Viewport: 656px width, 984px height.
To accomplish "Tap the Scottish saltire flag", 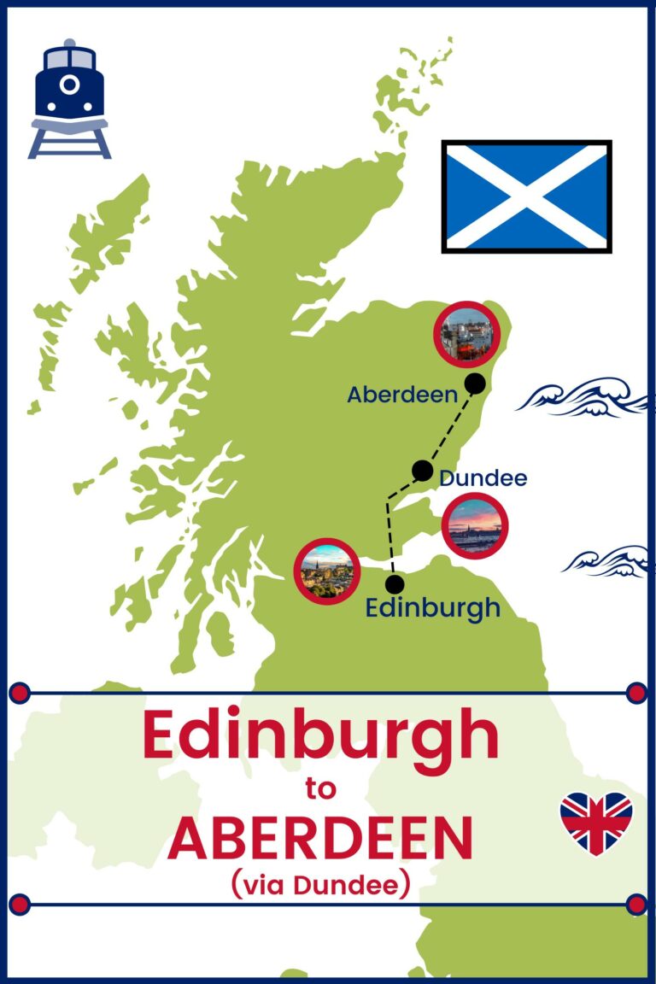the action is pos(526,196).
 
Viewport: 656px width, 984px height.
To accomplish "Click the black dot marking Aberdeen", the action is pos(476,384).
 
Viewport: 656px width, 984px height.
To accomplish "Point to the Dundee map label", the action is pos(483,478).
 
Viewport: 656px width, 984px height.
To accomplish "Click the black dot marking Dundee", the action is pos(422,470).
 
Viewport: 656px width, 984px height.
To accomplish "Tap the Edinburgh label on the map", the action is pos(432,607).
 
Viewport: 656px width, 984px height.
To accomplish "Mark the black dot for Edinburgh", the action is pos(395,584).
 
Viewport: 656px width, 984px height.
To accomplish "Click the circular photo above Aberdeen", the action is pos(466,332).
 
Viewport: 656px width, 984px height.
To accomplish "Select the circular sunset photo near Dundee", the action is pos(475,525).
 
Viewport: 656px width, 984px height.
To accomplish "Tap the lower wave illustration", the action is pos(608,560).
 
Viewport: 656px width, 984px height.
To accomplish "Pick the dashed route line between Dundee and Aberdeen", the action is pos(449,427).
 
